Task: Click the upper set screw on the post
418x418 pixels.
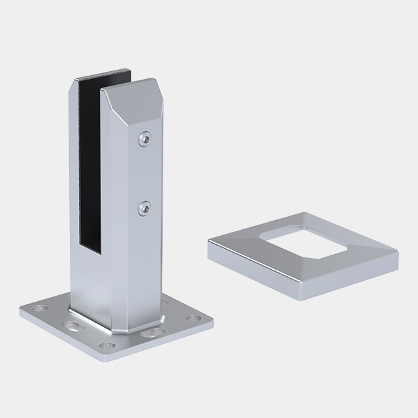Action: coord(145,138)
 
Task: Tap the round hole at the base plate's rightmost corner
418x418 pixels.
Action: coord(193,318)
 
